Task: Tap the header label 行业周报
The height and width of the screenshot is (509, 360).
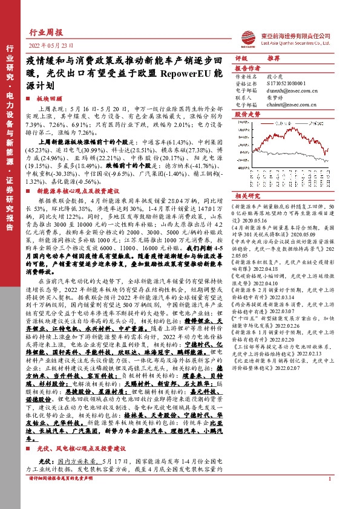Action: (46, 34)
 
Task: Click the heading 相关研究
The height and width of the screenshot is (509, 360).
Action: (247, 196)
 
